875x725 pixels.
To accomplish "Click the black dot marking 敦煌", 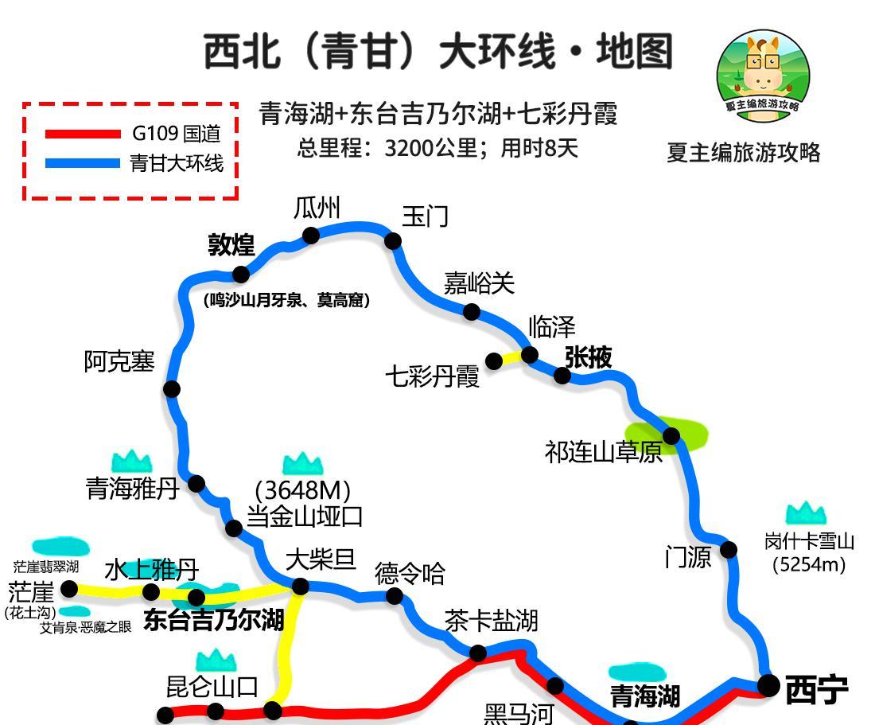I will (x=240, y=274).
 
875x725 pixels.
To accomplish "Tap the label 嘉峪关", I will (x=479, y=283).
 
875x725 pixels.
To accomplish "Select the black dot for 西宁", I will (x=768, y=684).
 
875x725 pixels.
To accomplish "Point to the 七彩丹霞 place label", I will (x=433, y=376).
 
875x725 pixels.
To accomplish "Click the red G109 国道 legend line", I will (x=83, y=134).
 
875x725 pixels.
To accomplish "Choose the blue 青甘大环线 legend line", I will (x=83, y=163).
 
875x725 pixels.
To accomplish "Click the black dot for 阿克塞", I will (x=171, y=388).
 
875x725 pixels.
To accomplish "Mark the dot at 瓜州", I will (x=311, y=235).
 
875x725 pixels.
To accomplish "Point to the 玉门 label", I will (x=425, y=216).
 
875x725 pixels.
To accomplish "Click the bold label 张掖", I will (x=589, y=357).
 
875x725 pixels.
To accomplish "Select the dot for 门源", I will (x=728, y=549).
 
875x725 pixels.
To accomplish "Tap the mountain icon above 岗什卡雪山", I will (x=806, y=514).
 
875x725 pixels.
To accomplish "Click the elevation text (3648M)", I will (x=302, y=489).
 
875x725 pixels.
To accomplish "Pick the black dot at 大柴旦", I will (x=300, y=587).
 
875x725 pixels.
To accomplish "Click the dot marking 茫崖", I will (x=69, y=589).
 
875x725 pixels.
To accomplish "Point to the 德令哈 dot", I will (x=394, y=596).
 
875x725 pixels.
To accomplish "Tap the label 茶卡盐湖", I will (x=491, y=620).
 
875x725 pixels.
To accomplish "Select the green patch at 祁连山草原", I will (x=686, y=435).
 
